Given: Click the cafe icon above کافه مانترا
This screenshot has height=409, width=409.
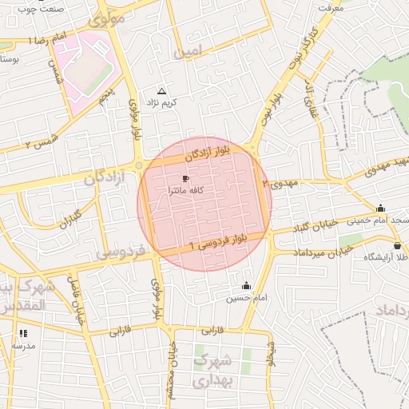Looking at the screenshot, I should [186, 178].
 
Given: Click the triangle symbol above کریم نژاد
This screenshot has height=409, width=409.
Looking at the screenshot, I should [162, 91].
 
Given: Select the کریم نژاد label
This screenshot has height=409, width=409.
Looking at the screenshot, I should [162, 104].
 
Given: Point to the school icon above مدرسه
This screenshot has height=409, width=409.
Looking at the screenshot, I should [23, 332].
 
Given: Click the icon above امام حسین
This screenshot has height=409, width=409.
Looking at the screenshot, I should [246, 285].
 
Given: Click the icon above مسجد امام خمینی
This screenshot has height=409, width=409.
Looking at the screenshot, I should [380, 208].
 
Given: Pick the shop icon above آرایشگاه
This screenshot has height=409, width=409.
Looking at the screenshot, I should [398, 245].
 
